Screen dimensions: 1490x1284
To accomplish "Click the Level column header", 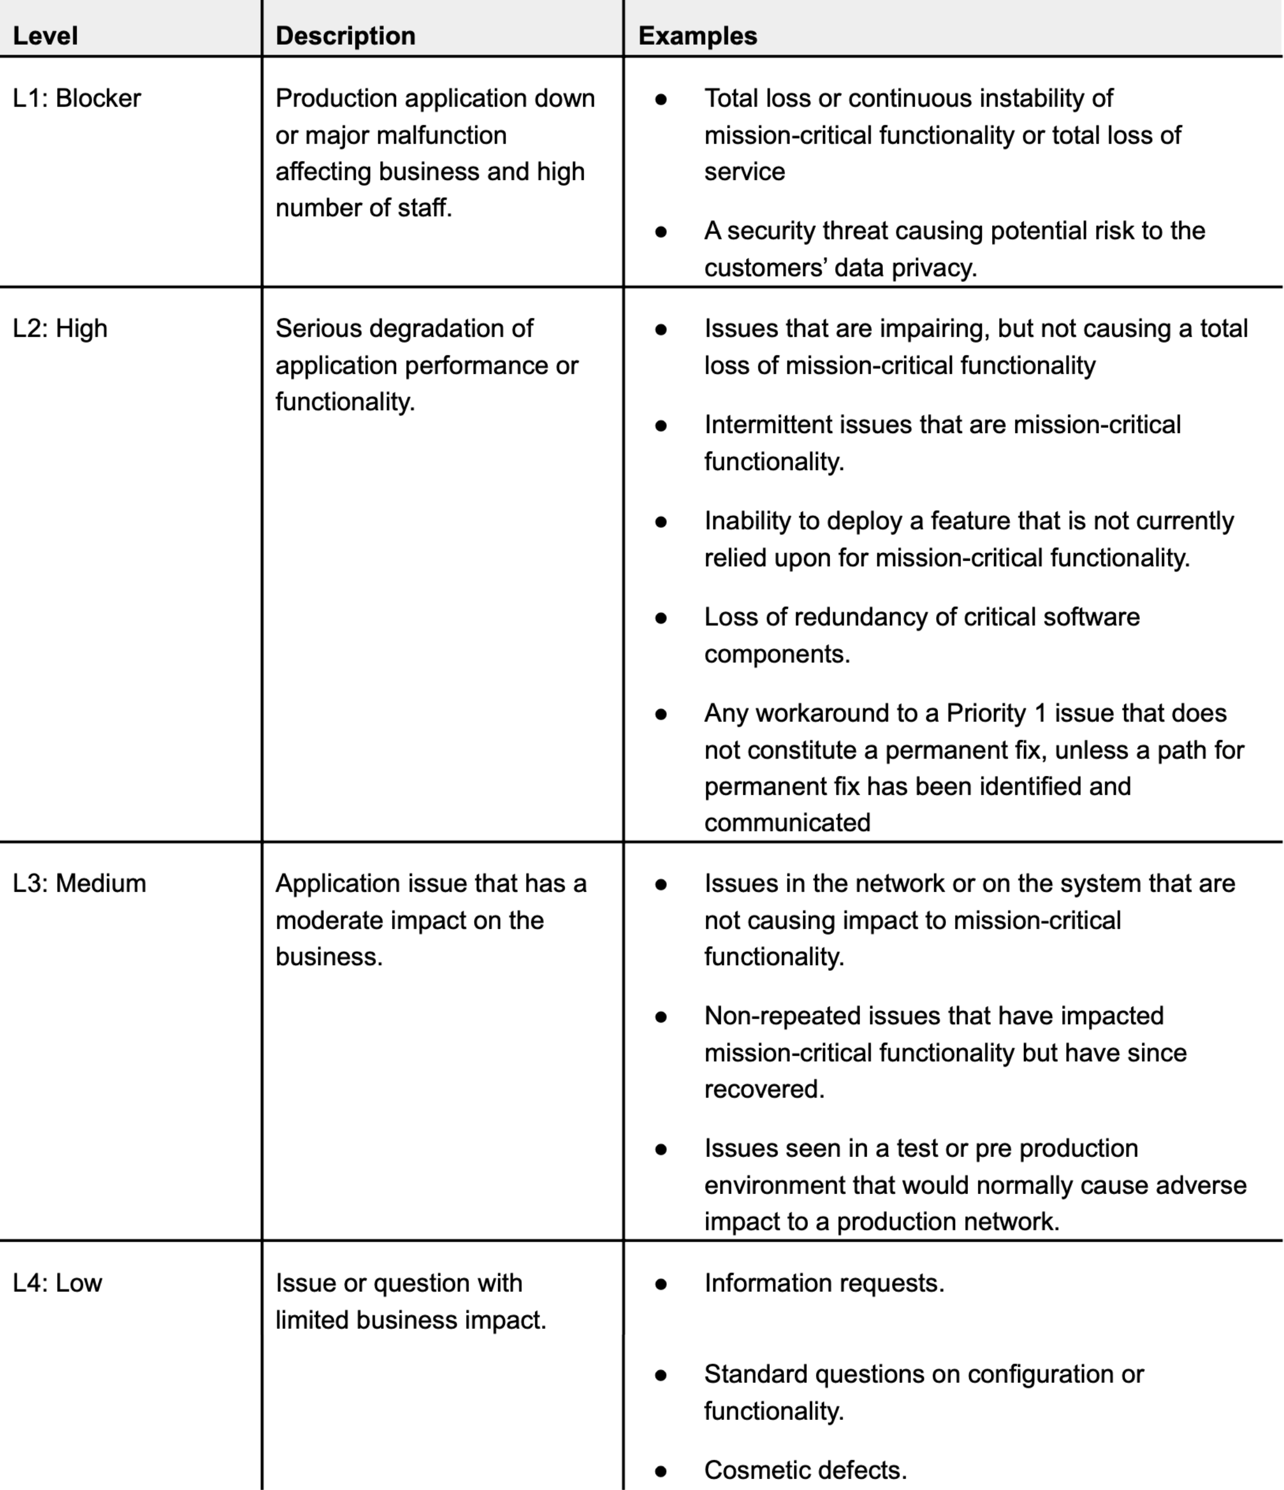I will pyautogui.click(x=45, y=36).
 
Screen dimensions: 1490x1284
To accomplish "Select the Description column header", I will pyautogui.click(x=345, y=36).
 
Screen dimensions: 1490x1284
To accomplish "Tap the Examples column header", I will pyautogui.click(x=697, y=36).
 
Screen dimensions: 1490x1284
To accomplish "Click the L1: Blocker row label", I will pyautogui.click(x=77, y=98).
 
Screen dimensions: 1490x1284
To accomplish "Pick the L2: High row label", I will pyautogui.click(x=61, y=328).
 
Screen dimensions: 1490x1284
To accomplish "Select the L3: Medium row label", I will pyautogui.click(x=79, y=883).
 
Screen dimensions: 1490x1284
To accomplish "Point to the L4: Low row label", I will pyautogui.click(x=58, y=1283).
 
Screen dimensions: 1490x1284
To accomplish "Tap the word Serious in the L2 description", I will pyautogui.click(x=312, y=328).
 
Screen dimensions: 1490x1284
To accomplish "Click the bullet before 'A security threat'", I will pyautogui.click(x=661, y=231).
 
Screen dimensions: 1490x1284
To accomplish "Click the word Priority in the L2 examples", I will pyautogui.click(x=986, y=713).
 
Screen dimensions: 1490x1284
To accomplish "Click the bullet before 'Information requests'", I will pyautogui.click(x=661, y=1283).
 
